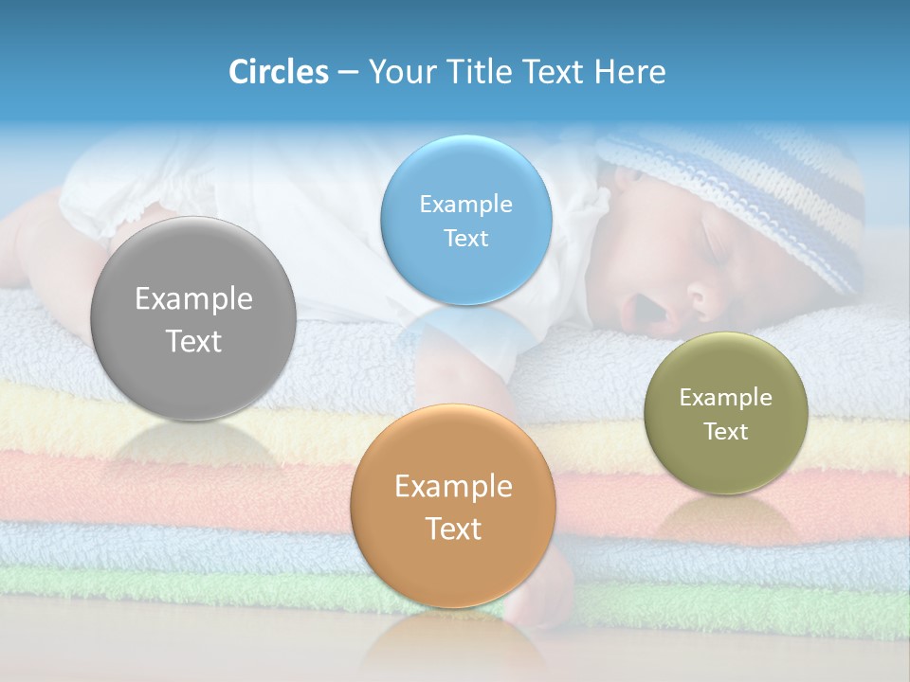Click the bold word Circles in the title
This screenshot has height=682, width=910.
[x=278, y=72]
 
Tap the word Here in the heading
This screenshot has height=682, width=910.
[x=629, y=72]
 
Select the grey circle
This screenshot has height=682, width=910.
[x=193, y=318]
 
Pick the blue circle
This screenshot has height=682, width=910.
[x=465, y=220]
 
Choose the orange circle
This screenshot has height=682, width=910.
[x=453, y=507]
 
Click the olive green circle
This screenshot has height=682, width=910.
[x=725, y=413]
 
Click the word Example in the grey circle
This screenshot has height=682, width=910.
[x=193, y=299]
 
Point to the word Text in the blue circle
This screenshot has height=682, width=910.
[x=465, y=239]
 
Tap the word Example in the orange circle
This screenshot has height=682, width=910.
[x=453, y=487]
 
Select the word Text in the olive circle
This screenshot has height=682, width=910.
[x=725, y=432]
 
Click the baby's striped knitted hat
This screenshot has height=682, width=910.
[x=758, y=189]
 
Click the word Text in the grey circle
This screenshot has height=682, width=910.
[x=193, y=341]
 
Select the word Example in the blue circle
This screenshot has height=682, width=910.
[x=465, y=205]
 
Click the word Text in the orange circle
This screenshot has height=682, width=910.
[x=453, y=529]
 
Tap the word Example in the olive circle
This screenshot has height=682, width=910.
[x=725, y=398]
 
